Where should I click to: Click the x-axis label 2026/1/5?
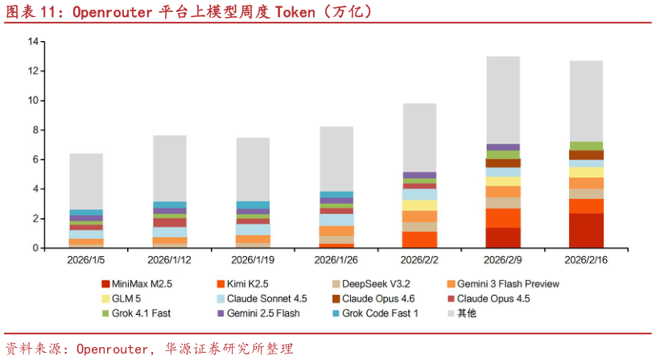point(86,260)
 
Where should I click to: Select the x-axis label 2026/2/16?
point(586,260)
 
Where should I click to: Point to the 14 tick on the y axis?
point(33,41)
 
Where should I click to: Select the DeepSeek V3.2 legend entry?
point(377,284)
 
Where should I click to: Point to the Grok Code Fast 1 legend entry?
point(379,313)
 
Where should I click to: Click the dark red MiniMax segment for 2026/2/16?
point(586,230)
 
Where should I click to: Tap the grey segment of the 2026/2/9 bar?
point(503,101)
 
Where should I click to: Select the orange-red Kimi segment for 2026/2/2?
point(419,239)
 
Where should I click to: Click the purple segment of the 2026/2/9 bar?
point(503,147)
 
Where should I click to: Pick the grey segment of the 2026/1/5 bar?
point(86,181)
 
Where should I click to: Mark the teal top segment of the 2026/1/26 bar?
point(336,194)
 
